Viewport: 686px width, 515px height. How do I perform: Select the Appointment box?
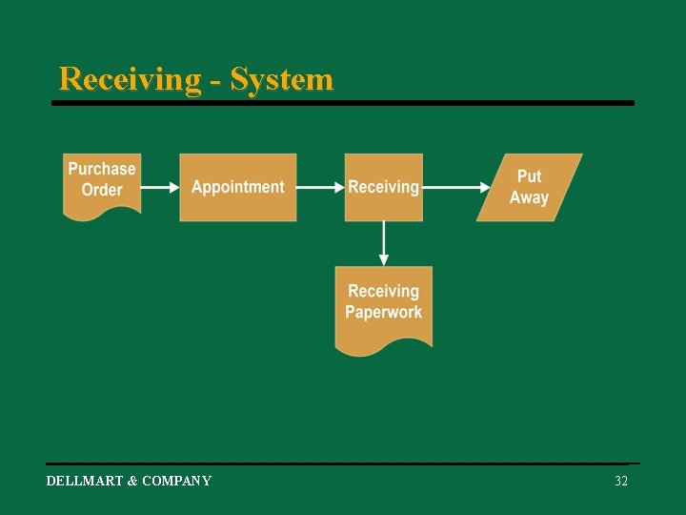point(238,187)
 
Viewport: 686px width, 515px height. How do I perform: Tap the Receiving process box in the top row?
point(383,187)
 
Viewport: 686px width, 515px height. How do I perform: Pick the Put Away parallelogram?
point(529,187)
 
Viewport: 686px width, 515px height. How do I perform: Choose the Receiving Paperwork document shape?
point(383,305)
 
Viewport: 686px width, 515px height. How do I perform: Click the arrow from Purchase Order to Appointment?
point(160,187)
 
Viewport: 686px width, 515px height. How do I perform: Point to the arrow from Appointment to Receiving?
point(320,187)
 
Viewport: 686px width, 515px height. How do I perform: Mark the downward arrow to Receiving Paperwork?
point(384,243)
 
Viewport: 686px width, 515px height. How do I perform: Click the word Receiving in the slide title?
point(130,79)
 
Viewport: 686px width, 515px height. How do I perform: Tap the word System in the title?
point(282,79)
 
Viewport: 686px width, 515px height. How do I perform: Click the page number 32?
point(621,482)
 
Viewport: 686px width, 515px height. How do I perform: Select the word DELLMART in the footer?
point(85,482)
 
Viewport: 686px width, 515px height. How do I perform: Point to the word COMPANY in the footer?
point(176,482)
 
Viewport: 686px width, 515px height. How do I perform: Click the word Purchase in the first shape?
point(102,169)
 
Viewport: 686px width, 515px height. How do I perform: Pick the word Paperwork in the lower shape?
point(383,313)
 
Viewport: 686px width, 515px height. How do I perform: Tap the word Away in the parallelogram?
point(529,198)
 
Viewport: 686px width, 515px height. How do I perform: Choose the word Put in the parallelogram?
point(529,176)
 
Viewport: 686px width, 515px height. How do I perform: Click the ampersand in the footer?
point(132,482)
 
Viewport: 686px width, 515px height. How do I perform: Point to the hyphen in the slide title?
point(215,81)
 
